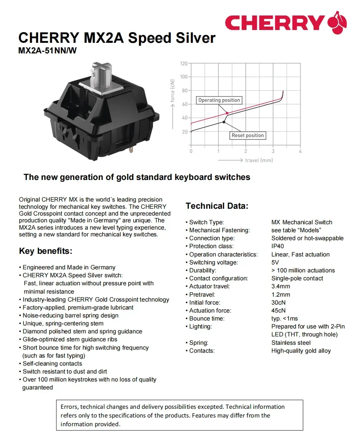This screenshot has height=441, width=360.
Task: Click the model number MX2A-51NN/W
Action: pyautogui.click(x=47, y=50)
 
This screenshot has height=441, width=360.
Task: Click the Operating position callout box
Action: pyautogui.click(x=219, y=100)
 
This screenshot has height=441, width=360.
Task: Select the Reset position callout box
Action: pyautogui.click(x=248, y=135)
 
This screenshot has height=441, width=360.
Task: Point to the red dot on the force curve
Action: pyautogui.click(x=227, y=113)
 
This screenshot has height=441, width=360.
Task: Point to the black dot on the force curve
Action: pyautogui.click(x=224, y=122)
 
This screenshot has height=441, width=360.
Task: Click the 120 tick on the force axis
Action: pyautogui.click(x=184, y=63)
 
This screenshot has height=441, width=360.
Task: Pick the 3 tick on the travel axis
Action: pyautogui.click(x=273, y=151)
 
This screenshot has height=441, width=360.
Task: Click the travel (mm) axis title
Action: pyautogui.click(x=259, y=160)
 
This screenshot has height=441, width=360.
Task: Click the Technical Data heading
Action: pyautogui.click(x=217, y=206)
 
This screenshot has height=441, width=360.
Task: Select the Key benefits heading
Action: pyautogui.click(x=45, y=251)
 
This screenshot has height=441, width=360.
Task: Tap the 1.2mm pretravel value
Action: pyautogui.click(x=281, y=294)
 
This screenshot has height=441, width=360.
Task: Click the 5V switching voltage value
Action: pyautogui.click(x=275, y=262)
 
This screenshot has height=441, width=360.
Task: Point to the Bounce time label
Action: pyautogui.click(x=207, y=318)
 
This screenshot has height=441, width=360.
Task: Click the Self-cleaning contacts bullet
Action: pyautogui.click(x=52, y=363)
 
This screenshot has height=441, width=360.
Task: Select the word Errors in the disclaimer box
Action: pyautogui.click(x=69, y=407)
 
